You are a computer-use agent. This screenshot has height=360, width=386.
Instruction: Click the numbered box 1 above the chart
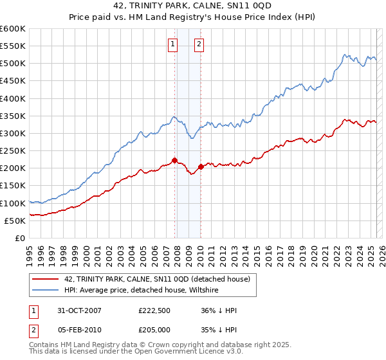(x=173, y=44)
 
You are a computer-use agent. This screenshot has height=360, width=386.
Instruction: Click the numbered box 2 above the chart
(x=199, y=44)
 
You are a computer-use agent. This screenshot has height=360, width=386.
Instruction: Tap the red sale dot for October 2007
(x=174, y=161)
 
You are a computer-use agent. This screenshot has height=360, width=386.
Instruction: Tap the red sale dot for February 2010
(x=200, y=166)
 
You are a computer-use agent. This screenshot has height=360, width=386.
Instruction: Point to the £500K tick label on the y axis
(x=13, y=64)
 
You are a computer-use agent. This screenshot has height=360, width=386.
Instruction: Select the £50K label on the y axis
(x=15, y=221)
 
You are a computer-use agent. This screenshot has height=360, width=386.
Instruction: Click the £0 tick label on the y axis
(x=19, y=238)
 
